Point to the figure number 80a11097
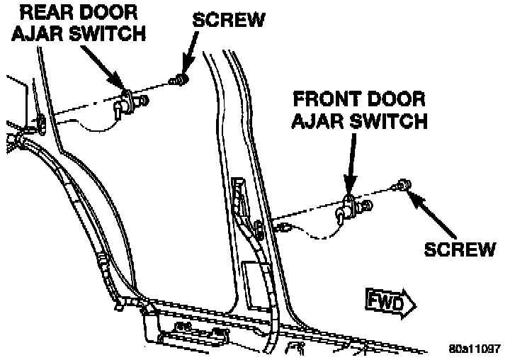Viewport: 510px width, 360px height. [475, 349]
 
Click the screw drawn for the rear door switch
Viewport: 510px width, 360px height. [181, 80]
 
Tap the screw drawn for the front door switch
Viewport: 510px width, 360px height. [404, 186]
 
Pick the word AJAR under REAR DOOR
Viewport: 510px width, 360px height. [38, 33]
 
